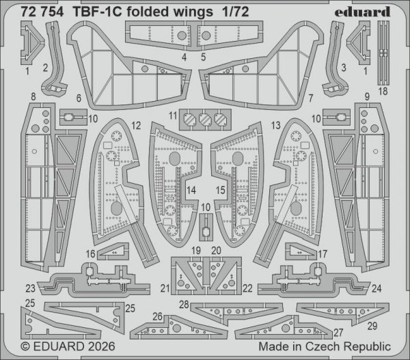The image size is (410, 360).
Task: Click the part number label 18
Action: click(382, 91)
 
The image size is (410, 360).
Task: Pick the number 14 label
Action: click(192, 189)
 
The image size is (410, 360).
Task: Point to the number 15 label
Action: click(219, 189)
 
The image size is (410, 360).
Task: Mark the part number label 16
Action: click(90, 254)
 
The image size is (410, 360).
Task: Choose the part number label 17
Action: click(323, 254)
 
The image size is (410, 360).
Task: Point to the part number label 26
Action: click(158, 316)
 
